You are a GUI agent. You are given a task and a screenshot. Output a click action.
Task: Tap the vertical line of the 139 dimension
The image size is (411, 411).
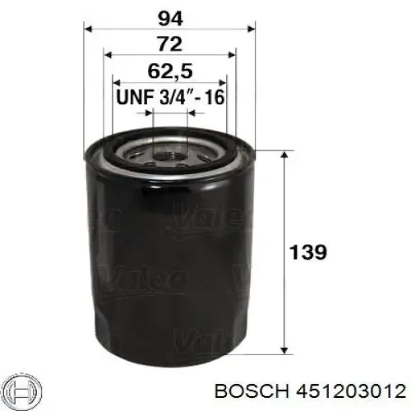click(284, 247)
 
